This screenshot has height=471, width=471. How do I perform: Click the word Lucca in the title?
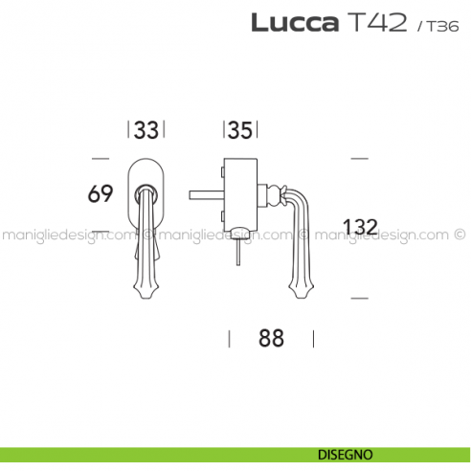click(292, 24)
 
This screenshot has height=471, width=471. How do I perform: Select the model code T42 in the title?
click(375, 24)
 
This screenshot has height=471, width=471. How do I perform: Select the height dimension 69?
click(101, 193)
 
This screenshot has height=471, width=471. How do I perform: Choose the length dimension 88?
click(272, 338)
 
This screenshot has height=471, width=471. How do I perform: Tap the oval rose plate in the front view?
click(146, 175)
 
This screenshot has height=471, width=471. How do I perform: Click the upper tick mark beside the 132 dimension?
click(359, 156)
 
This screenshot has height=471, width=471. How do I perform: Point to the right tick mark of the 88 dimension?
click(312, 338)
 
